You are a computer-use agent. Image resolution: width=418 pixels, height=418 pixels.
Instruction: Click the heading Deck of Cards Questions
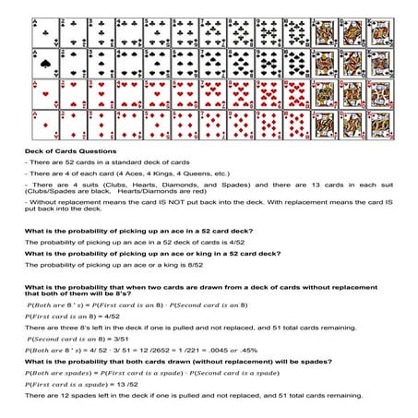tap(70, 151)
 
